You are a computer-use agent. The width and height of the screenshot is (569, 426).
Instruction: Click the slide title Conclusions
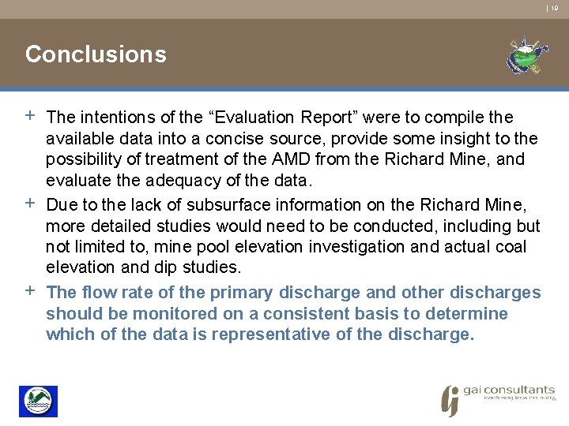[96, 54]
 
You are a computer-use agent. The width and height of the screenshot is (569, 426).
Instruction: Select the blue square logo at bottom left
[38, 402]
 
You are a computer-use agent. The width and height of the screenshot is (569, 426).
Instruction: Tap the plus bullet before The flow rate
[30, 292]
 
